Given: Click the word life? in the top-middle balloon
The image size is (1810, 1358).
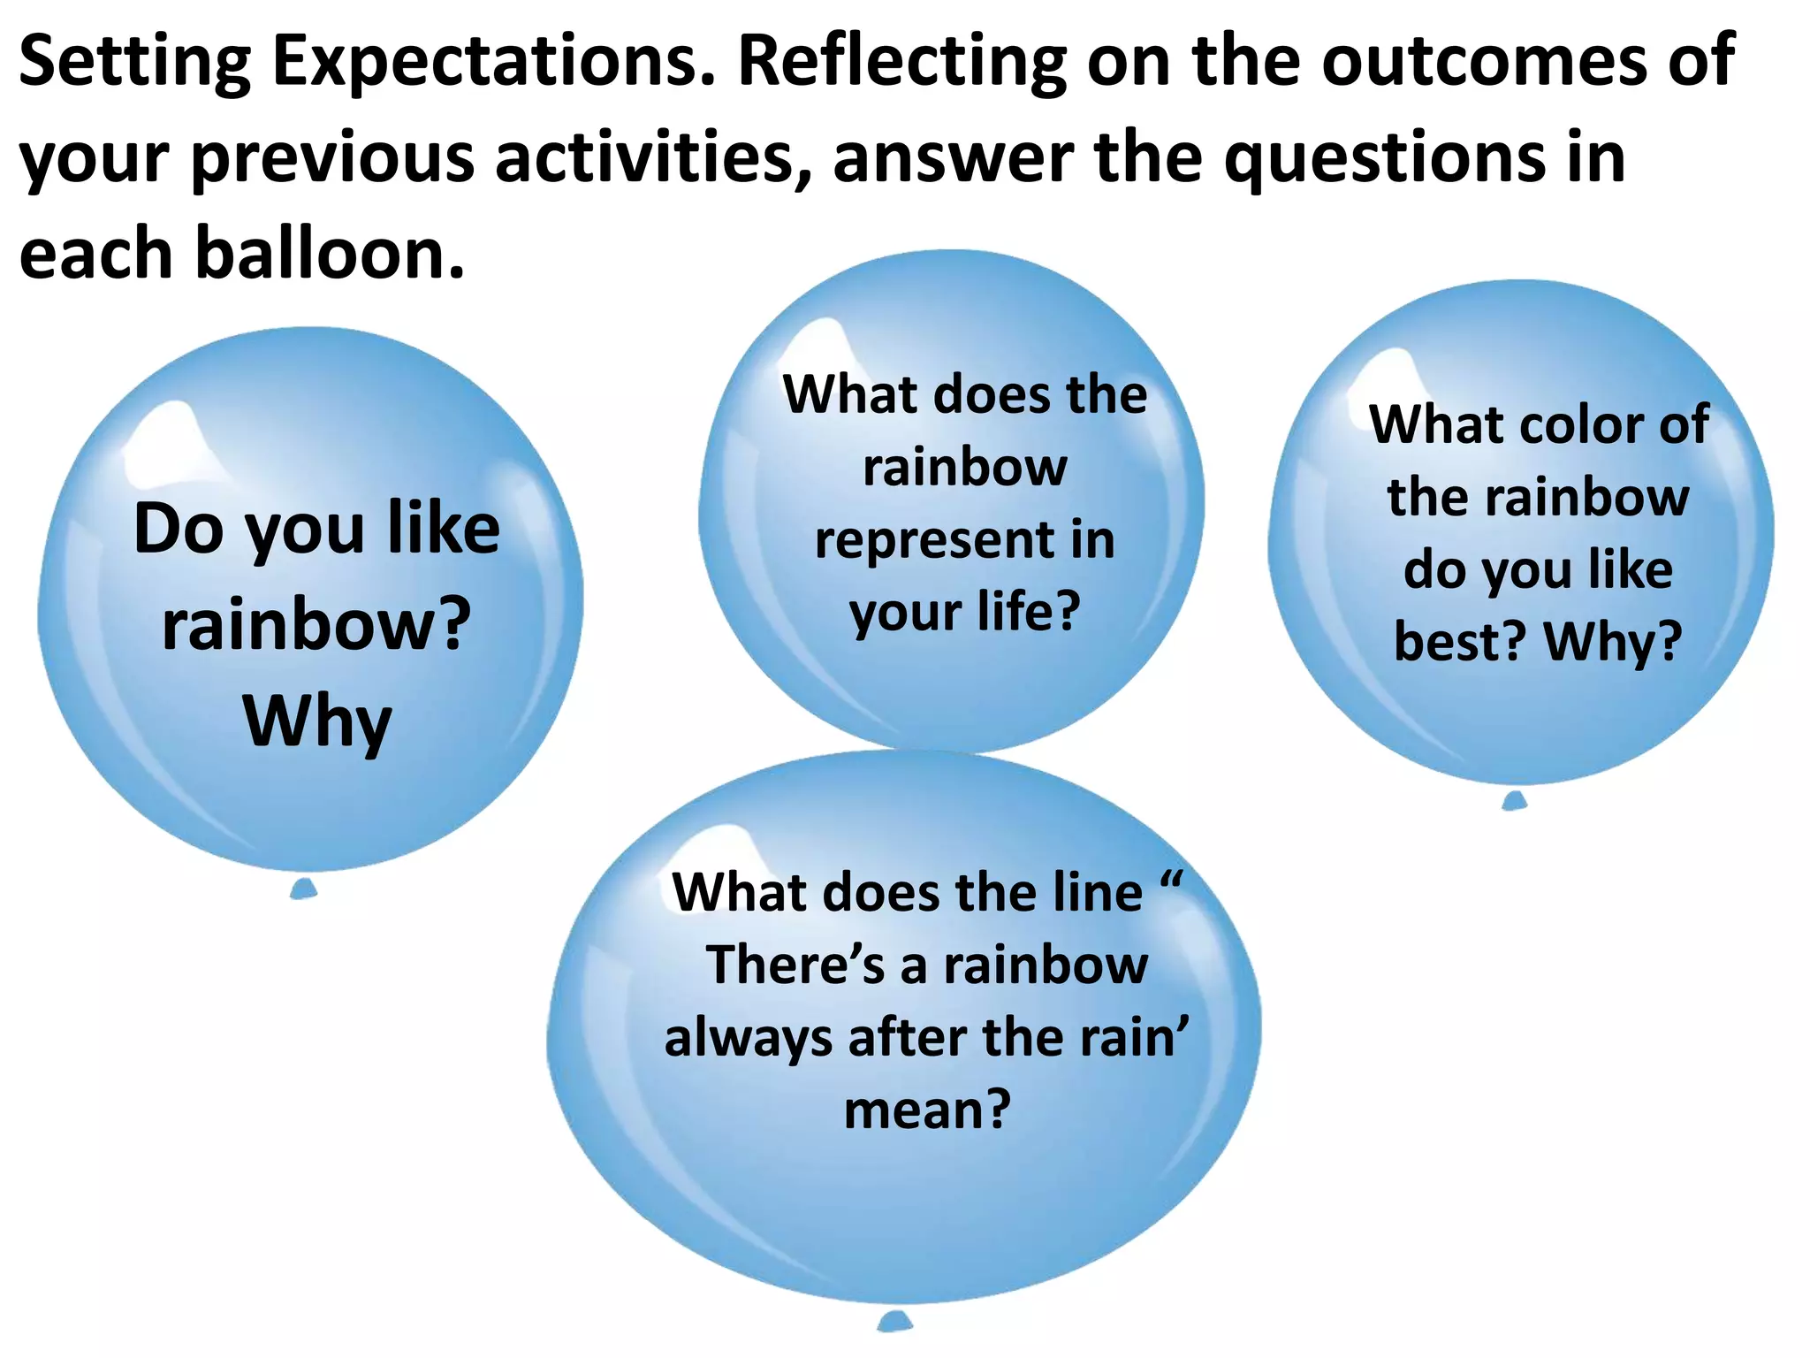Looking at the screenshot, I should (x=1029, y=612).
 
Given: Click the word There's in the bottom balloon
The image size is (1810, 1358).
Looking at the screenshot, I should (x=795, y=965).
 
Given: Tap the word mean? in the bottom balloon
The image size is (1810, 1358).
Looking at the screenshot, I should (x=927, y=1110).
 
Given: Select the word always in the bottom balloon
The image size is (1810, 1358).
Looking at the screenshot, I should (x=748, y=1038).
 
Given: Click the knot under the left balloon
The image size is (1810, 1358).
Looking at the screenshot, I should (x=303, y=889).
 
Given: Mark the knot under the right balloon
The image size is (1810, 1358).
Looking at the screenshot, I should (x=1515, y=801).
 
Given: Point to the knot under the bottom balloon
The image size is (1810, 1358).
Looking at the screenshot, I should (x=894, y=1323).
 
